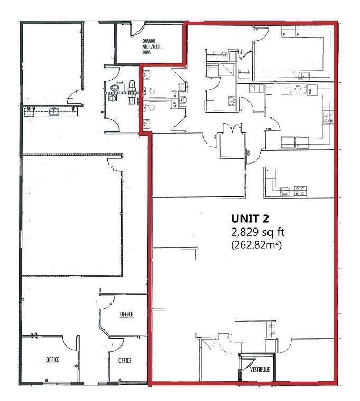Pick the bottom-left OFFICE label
(52, 360)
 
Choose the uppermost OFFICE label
(126, 314)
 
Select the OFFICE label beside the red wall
(125, 360)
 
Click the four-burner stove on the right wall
(328, 118)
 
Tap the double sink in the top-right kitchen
(302, 74)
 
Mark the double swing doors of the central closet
(232, 129)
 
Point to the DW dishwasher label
(310, 92)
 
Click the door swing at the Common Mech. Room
(136, 28)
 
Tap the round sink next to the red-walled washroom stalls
(183, 99)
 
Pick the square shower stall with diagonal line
(229, 69)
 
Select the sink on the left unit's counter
(53, 111)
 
